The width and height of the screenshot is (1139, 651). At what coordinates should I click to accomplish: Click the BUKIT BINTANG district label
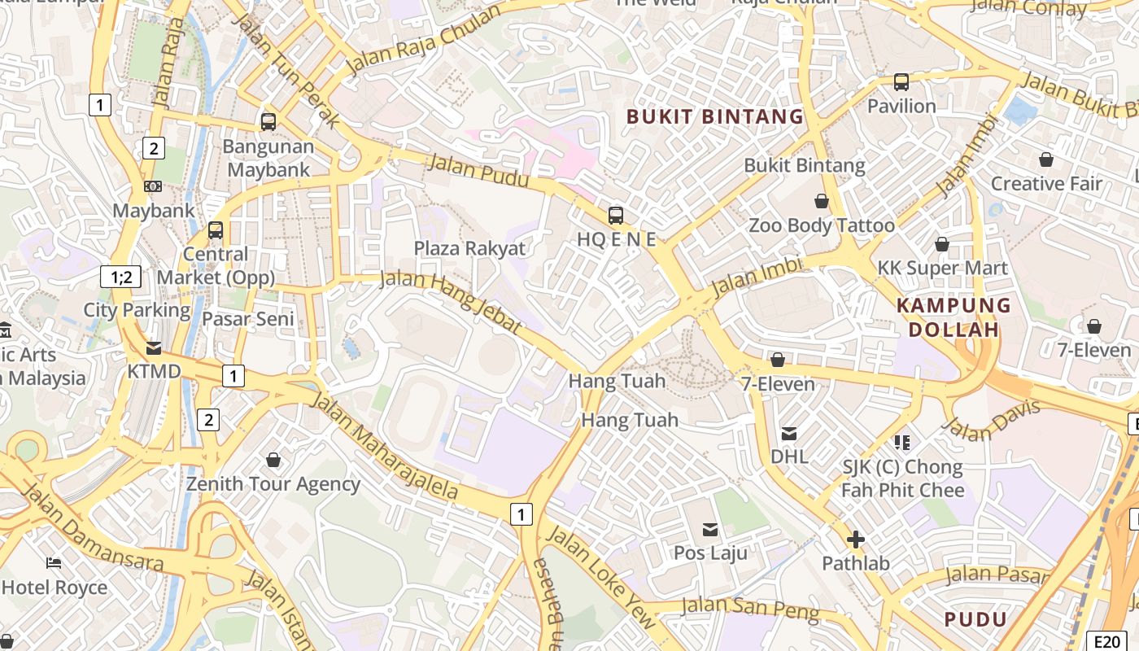(715, 116)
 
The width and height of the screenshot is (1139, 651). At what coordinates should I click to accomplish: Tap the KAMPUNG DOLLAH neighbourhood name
(954, 317)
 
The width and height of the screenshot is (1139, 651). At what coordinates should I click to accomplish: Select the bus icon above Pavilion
(901, 81)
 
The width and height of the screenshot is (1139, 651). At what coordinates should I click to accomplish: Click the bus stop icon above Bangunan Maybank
(268, 122)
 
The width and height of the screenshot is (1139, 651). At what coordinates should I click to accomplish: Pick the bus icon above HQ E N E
(616, 216)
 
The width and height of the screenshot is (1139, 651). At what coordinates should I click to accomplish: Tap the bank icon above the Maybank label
(153, 186)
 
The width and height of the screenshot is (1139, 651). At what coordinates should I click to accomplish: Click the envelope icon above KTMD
(154, 348)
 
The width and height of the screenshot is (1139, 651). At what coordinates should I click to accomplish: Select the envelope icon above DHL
(789, 433)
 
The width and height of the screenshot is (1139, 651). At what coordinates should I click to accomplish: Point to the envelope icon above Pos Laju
(710, 530)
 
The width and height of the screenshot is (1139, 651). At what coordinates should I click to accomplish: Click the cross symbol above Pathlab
(855, 540)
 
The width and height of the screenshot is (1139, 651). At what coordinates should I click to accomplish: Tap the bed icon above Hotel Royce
(54, 563)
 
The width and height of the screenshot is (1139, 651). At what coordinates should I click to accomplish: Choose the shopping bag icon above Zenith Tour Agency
(273, 461)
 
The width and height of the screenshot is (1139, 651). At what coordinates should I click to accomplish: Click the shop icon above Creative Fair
(1046, 159)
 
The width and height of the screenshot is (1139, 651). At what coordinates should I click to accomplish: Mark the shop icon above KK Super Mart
(942, 244)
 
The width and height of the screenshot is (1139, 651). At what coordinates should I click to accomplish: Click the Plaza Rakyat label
(469, 248)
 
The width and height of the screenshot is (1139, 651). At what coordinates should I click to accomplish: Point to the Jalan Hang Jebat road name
(450, 301)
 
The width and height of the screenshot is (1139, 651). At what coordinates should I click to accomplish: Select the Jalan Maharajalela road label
(385, 448)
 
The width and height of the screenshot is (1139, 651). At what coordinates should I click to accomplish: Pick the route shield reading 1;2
(121, 277)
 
